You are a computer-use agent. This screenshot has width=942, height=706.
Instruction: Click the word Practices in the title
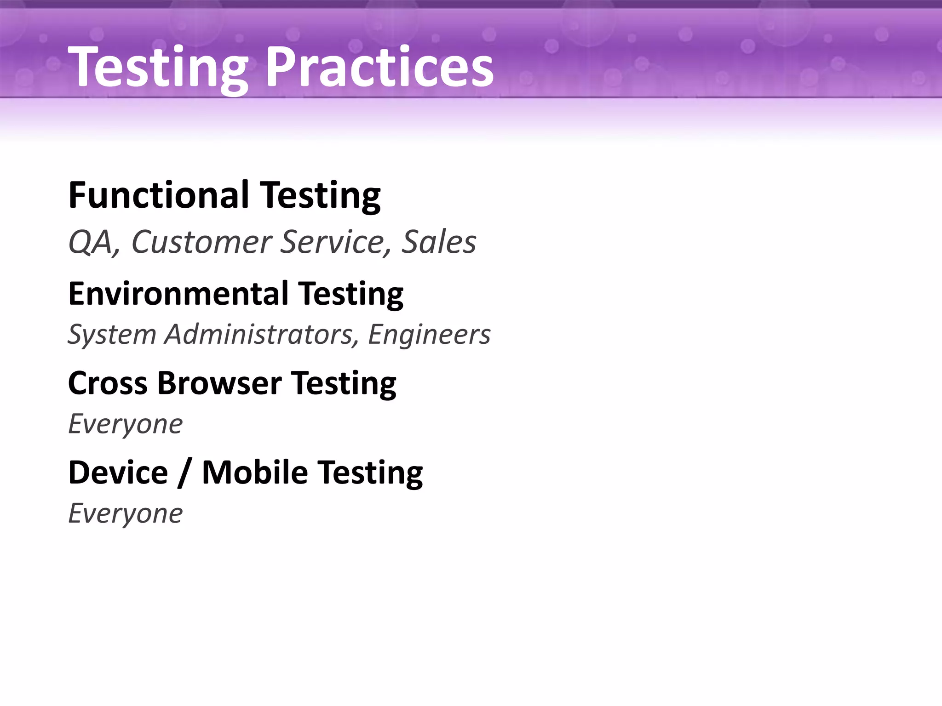tap(379, 68)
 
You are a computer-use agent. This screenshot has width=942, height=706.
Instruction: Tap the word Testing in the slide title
tap(159, 68)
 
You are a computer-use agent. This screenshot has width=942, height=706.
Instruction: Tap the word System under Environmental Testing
tap(112, 334)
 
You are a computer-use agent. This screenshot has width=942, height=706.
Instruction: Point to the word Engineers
tap(429, 334)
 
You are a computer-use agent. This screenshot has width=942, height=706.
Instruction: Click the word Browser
tap(219, 383)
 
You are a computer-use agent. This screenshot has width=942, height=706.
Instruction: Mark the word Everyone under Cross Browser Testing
tap(125, 424)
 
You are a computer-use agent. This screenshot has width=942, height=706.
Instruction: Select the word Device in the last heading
tap(118, 473)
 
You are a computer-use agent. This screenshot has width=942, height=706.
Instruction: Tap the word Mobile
tap(255, 473)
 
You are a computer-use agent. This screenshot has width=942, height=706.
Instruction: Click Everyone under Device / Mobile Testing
tap(125, 513)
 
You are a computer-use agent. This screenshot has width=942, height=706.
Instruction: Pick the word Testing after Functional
tap(321, 195)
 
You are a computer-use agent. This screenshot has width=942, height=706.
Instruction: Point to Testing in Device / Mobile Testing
tap(370, 473)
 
